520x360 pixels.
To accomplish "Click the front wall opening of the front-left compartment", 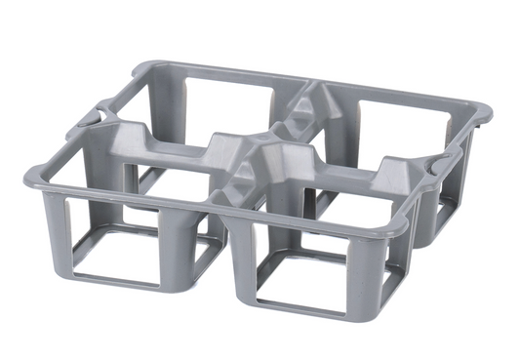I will click(x=122, y=248).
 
